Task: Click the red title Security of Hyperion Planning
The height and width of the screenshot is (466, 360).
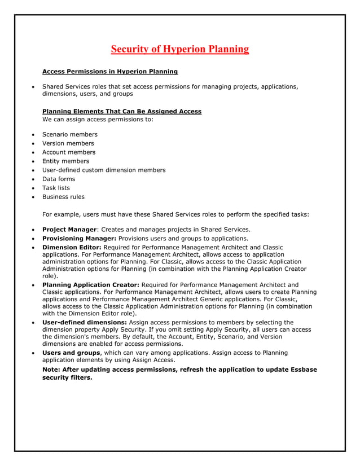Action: pyautogui.click(x=179, y=49)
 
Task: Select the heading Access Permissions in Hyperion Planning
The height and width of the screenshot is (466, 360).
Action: pyautogui.click(x=110, y=72)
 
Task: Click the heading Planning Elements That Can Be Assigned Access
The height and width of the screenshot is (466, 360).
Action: pyautogui.click(x=122, y=111)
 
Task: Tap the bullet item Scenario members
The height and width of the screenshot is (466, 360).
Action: pyautogui.click(x=70, y=134)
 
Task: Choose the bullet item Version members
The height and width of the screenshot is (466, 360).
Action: pyautogui.click(x=68, y=143)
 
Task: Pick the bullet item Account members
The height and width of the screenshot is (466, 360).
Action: pyautogui.click(x=69, y=152)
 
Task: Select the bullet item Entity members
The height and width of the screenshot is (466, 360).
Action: pyautogui.click(x=65, y=161)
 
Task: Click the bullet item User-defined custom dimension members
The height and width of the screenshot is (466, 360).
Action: pyautogui.click(x=104, y=170)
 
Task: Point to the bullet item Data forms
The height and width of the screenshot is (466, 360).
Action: pyautogui.click(x=59, y=179)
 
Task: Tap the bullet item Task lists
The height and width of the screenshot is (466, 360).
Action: pyautogui.click(x=56, y=188)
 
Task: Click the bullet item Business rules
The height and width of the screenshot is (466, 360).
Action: pyautogui.click(x=63, y=197)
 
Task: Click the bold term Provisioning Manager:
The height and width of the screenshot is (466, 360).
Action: pyautogui.click(x=80, y=239)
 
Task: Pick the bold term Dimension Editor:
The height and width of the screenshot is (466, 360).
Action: pyautogui.click(x=72, y=248)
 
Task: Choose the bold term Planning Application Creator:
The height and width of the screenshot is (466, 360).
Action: pyautogui.click(x=91, y=285)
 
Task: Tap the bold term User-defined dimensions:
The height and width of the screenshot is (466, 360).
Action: pyautogui.click(x=85, y=323)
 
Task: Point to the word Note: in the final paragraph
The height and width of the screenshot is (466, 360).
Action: pyautogui.click(x=52, y=370)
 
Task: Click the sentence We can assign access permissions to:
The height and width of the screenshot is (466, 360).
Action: pyautogui.click(x=98, y=119)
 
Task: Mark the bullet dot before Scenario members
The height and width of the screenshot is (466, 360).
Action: pyautogui.click(x=34, y=135)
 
